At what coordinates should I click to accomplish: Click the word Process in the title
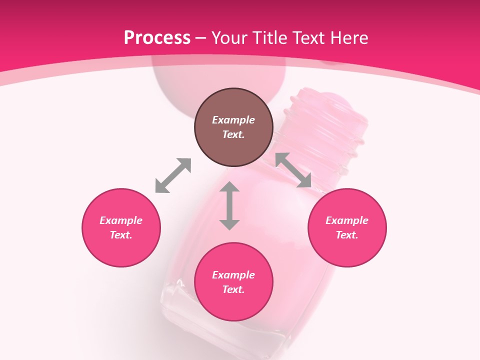[x=157, y=38]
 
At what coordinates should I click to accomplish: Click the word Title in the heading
[x=269, y=38]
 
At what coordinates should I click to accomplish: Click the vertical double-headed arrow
[x=229, y=205]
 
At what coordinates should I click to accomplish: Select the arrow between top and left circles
[x=173, y=175]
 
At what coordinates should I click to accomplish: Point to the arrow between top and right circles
[x=293, y=170]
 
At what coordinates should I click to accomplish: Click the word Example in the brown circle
[x=233, y=120]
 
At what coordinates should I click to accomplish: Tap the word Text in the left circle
[x=121, y=235]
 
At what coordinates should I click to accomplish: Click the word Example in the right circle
[x=347, y=220]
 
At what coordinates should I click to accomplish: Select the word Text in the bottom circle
[x=233, y=289]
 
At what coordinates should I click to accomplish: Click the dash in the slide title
[x=201, y=38]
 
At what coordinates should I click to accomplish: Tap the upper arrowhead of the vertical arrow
[x=229, y=188]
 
